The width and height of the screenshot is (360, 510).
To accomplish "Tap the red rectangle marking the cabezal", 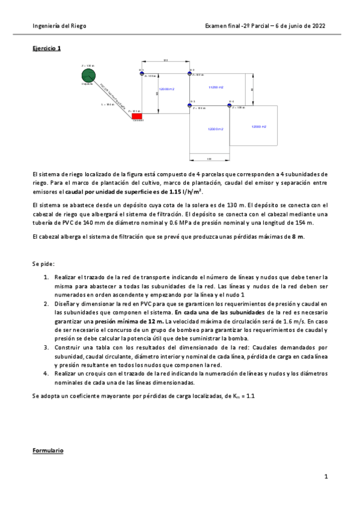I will pyautogui.click(x=137, y=115).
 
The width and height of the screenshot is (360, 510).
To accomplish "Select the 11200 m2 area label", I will pyautogui.click(x=216, y=88).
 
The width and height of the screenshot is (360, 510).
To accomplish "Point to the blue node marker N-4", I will pyautogui.click(x=230, y=105).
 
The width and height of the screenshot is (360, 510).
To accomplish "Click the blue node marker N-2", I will pyautogui.click(x=189, y=73).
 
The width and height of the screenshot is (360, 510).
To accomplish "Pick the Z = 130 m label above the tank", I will pyautogui.click(x=88, y=66).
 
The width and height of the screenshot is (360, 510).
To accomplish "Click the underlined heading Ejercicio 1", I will pyautogui.click(x=47, y=48).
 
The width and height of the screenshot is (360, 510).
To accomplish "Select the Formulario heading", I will pyautogui.click(x=48, y=450).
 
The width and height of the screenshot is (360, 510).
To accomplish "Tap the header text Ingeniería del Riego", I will pyautogui.click(x=58, y=26).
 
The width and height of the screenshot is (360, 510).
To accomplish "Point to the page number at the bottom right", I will pyautogui.click(x=325, y=477).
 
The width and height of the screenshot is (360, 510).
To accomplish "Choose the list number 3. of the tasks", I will pyautogui.click(x=46, y=348).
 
